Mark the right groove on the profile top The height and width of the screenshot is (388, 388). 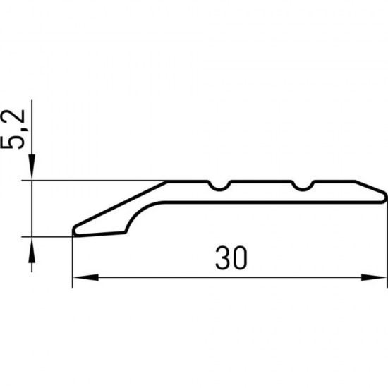click(303, 186)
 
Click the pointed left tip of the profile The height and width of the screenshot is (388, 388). click(75, 230)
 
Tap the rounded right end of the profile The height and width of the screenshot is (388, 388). click(384, 194)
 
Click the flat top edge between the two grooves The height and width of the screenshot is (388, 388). click(262, 181)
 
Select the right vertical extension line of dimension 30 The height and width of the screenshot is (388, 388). click(387, 247)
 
